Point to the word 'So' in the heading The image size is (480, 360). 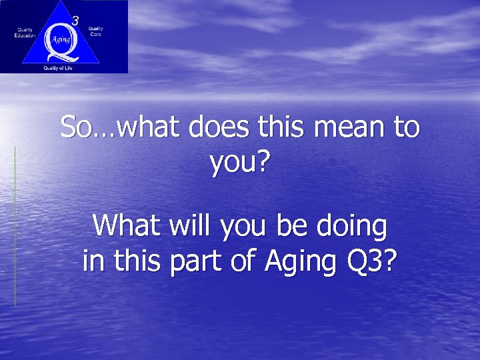coord(73,127)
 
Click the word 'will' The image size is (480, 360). coord(185,227)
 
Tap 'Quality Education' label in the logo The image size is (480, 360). coord(25,32)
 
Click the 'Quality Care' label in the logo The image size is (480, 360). coord(96,31)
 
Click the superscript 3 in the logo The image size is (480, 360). coord(75,21)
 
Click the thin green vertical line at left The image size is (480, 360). coord(15,227)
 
